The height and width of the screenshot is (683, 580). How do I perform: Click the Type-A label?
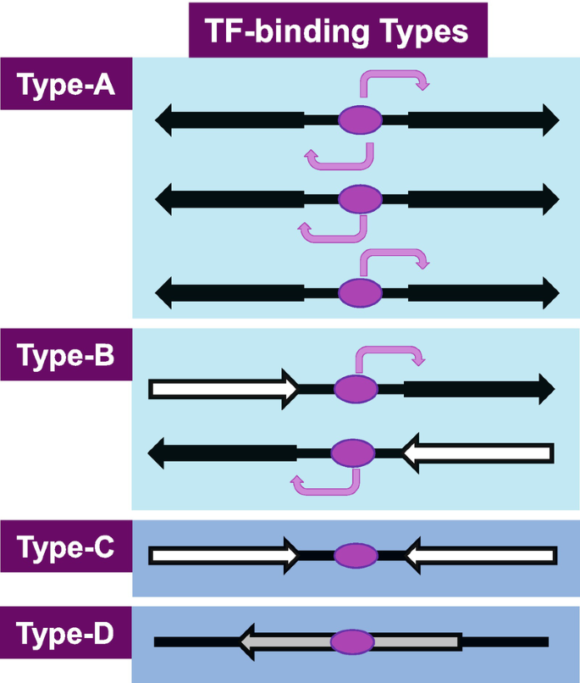pyautogui.click(x=67, y=85)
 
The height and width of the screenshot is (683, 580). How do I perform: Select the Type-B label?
pyautogui.click(x=67, y=356)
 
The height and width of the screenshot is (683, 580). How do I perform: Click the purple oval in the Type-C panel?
pyautogui.click(x=356, y=556)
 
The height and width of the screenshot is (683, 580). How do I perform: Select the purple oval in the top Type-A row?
pyautogui.click(x=361, y=120)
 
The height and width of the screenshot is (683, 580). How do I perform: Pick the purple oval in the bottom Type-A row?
pyautogui.click(x=361, y=292)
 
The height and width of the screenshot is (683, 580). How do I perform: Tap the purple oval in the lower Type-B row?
pyautogui.click(x=352, y=453)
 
